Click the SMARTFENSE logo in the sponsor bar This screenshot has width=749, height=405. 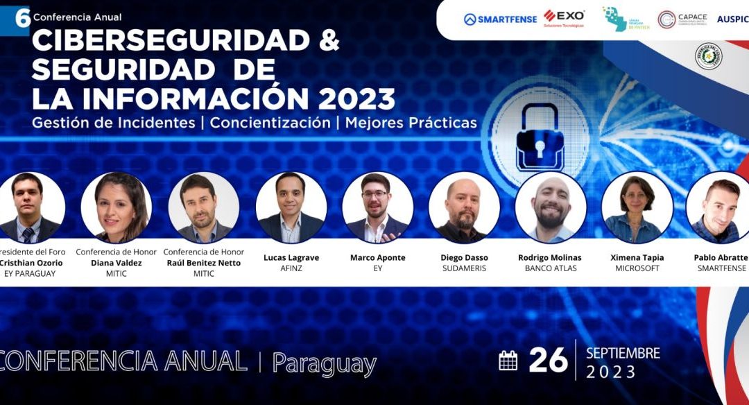[500, 19]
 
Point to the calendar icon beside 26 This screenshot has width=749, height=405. [508, 361]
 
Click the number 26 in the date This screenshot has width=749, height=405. [547, 361]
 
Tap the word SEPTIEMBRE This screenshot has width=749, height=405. [623, 353]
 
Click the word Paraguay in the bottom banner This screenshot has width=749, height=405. [324, 363]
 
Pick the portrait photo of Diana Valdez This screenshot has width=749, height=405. [117, 207]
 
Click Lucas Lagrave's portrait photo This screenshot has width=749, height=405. [291, 207]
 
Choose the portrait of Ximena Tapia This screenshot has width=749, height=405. [637, 207]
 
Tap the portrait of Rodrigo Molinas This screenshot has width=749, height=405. [551, 207]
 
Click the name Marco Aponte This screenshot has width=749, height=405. [377, 257]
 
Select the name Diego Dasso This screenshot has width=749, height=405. [464, 257]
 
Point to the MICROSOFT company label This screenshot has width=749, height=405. [637, 268]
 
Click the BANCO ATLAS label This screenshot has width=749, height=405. [551, 268]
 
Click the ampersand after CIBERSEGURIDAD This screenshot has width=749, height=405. [326, 41]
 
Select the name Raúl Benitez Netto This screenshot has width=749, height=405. [203, 263]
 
